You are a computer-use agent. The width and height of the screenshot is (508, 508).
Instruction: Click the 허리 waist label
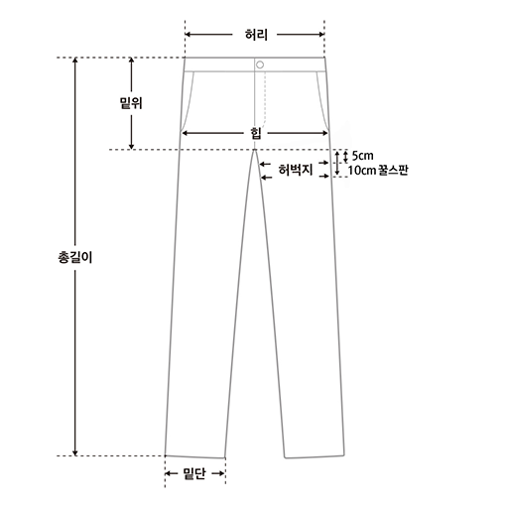256,35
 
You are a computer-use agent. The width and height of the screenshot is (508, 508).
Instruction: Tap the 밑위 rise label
131,103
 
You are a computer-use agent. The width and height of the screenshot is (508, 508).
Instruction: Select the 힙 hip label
256,133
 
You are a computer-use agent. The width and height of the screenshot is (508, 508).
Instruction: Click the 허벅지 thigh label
296,170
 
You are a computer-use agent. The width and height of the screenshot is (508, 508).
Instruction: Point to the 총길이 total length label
75,257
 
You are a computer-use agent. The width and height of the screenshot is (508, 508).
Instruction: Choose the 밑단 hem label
194,473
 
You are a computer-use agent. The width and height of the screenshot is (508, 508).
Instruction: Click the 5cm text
363,156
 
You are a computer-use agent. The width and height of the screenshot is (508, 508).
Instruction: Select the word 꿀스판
393,170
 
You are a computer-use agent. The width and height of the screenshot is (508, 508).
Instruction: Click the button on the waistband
260,64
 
